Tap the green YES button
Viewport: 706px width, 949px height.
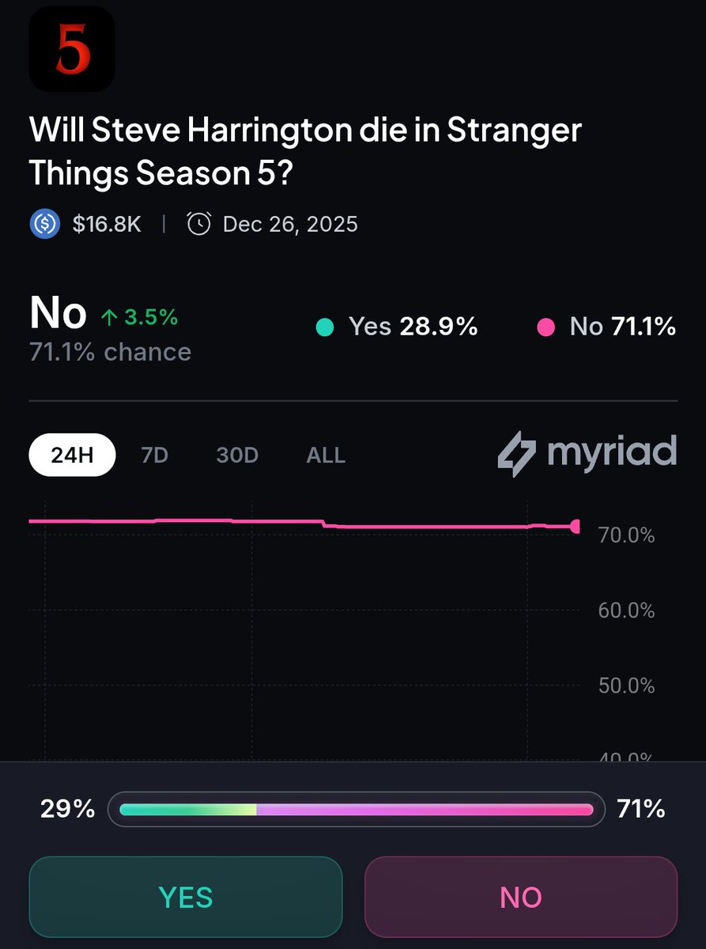tap(185, 897)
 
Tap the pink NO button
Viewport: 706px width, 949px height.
tap(520, 897)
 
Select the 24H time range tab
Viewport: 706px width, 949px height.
tap(72, 456)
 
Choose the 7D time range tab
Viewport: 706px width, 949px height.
tap(154, 456)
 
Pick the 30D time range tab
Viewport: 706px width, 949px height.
tap(237, 456)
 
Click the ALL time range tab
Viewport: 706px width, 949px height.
tap(326, 456)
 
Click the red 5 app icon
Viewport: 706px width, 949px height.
tap(72, 49)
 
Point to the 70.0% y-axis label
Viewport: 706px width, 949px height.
tap(627, 536)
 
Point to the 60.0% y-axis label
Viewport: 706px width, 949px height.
tap(627, 611)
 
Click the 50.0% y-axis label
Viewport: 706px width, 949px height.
tap(627, 686)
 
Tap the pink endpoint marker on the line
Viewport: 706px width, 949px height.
tap(576, 527)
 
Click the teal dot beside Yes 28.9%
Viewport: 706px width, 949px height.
tap(324, 327)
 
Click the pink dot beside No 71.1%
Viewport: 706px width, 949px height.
tap(546, 327)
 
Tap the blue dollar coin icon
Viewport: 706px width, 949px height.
tap(45, 225)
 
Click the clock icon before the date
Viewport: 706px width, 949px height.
tap(198, 225)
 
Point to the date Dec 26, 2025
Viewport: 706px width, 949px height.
tap(290, 225)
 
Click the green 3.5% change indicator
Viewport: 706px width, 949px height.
tap(139, 317)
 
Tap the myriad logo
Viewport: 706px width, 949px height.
tap(587, 453)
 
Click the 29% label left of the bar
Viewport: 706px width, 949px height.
tap(67, 809)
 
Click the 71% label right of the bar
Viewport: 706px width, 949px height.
tap(641, 809)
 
